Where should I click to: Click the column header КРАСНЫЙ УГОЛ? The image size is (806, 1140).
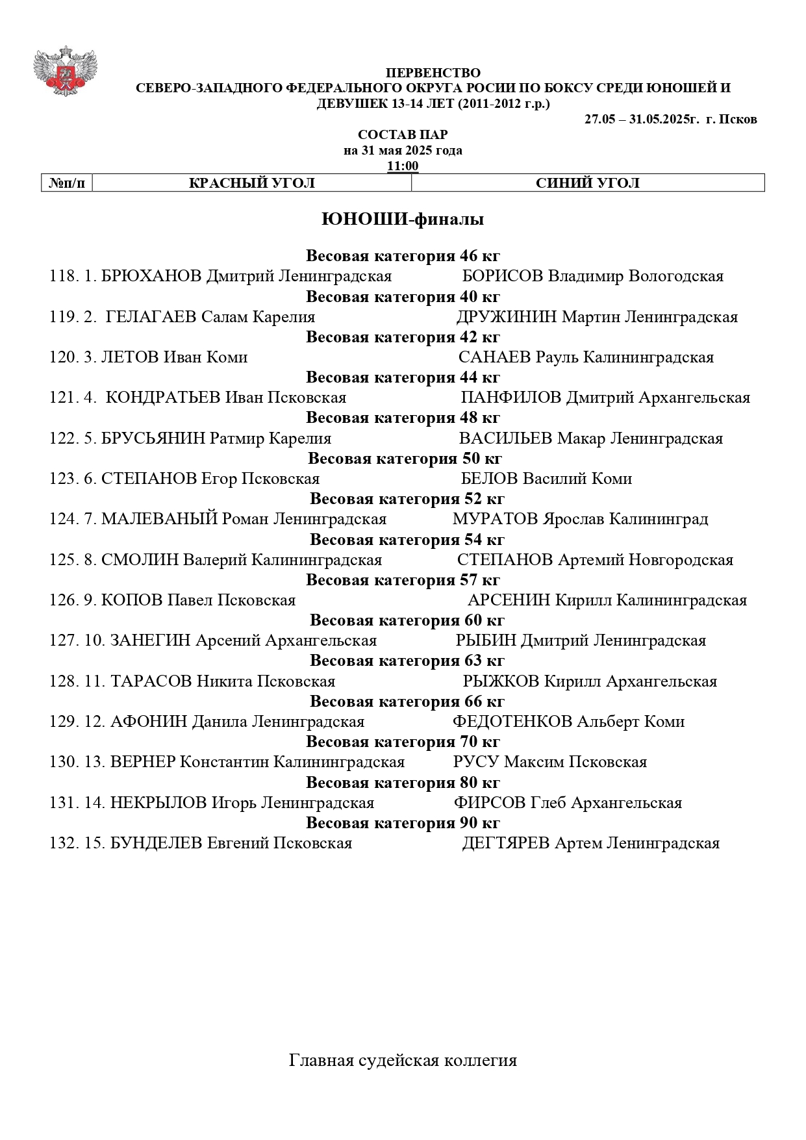click(251, 183)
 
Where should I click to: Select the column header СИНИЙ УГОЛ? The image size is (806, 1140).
click(587, 183)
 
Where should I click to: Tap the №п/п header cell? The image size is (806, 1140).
click(67, 183)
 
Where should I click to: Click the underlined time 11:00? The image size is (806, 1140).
click(403, 166)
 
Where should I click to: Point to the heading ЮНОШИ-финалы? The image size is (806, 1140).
click(403, 220)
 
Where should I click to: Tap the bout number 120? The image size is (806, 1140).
click(63, 357)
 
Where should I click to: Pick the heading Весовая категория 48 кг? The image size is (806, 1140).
click(403, 418)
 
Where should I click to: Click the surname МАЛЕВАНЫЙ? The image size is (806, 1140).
click(159, 519)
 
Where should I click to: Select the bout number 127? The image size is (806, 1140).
click(63, 640)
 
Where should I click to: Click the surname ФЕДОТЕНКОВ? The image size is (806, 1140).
click(512, 722)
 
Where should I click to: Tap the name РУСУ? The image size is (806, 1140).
click(476, 762)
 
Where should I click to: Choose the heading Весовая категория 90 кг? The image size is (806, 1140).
click(403, 823)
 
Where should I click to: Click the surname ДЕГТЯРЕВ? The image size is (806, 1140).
click(506, 843)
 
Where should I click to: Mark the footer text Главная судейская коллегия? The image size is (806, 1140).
click(403, 1061)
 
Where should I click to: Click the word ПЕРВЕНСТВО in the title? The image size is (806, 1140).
click(433, 73)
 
